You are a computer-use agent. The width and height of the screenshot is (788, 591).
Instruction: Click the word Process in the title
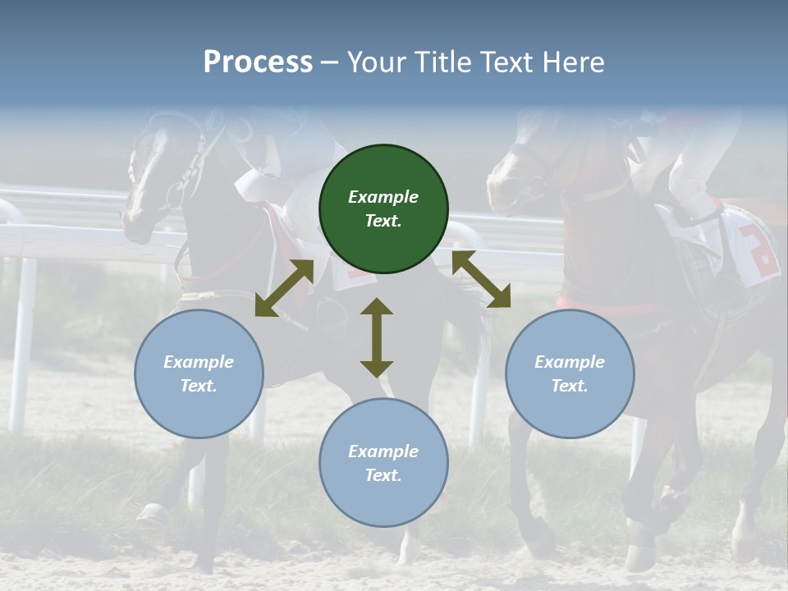[258, 62]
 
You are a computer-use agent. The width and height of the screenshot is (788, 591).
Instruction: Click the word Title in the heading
[442, 62]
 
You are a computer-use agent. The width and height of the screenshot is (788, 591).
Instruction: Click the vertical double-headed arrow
[377, 337]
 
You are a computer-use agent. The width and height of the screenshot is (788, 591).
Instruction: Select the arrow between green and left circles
[284, 288]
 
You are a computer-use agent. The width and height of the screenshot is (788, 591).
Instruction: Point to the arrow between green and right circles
[481, 279]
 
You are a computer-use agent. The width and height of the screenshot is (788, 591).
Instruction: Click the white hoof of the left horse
[153, 514]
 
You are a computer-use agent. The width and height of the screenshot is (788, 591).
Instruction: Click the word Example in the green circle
[383, 197]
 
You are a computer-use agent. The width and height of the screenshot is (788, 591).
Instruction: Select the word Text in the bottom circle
[382, 475]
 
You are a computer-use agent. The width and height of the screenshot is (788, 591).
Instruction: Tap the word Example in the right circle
[570, 362]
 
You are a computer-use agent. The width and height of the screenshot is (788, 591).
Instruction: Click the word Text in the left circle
[198, 386]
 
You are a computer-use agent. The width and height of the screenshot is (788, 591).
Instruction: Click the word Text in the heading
[506, 62]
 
